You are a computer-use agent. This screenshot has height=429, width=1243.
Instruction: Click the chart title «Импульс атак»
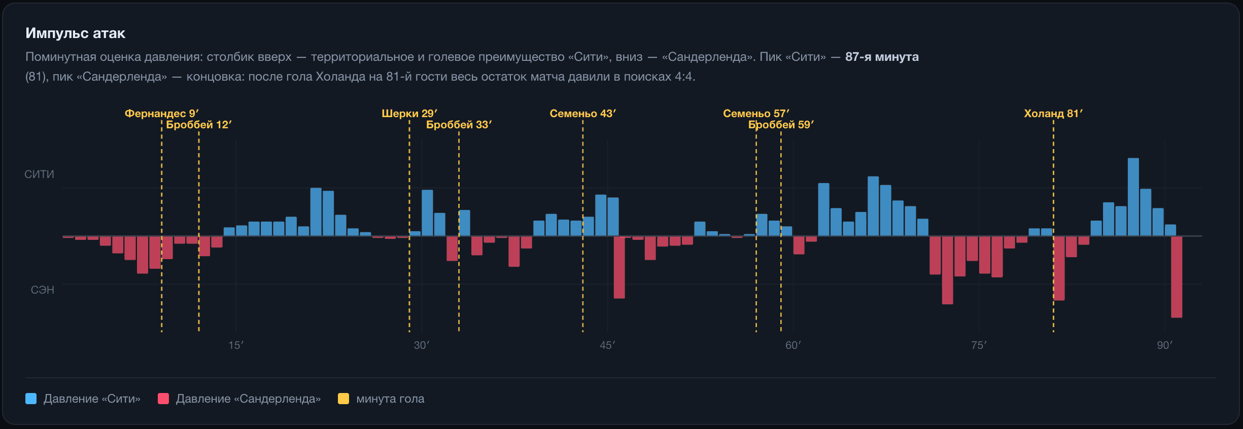(75, 33)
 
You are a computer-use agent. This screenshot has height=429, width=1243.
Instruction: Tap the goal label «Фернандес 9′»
(162, 113)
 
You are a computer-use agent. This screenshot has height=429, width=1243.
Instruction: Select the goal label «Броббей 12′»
(199, 125)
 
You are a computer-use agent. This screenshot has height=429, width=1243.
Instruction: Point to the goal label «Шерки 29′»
(409, 113)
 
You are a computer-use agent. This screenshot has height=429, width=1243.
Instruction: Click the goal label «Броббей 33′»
(459, 125)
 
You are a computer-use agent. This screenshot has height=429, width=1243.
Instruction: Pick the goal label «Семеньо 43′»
(583, 113)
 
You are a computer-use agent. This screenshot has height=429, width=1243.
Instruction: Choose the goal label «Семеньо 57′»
(756, 113)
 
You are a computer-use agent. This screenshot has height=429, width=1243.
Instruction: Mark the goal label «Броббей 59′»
(781, 125)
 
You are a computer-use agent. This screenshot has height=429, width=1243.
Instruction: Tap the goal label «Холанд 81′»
(1053, 113)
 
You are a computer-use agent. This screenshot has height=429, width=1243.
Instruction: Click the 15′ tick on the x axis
(236, 345)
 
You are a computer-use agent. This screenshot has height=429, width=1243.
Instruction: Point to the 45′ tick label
(607, 345)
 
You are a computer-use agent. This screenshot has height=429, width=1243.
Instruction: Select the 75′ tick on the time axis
(979, 345)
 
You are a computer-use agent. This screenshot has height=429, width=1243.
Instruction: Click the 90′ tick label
(1165, 345)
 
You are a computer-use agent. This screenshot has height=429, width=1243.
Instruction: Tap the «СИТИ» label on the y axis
(39, 174)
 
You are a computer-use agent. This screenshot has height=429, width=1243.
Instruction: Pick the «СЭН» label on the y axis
(43, 290)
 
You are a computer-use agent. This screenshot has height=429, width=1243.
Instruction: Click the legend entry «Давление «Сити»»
(83, 399)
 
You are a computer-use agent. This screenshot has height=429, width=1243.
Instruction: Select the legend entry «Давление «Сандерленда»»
(239, 399)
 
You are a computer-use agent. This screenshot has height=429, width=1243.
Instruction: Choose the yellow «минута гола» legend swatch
(343, 399)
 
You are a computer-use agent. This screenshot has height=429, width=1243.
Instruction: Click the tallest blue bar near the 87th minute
(1133, 197)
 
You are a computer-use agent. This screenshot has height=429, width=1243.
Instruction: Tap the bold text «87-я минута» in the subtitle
(882, 57)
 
